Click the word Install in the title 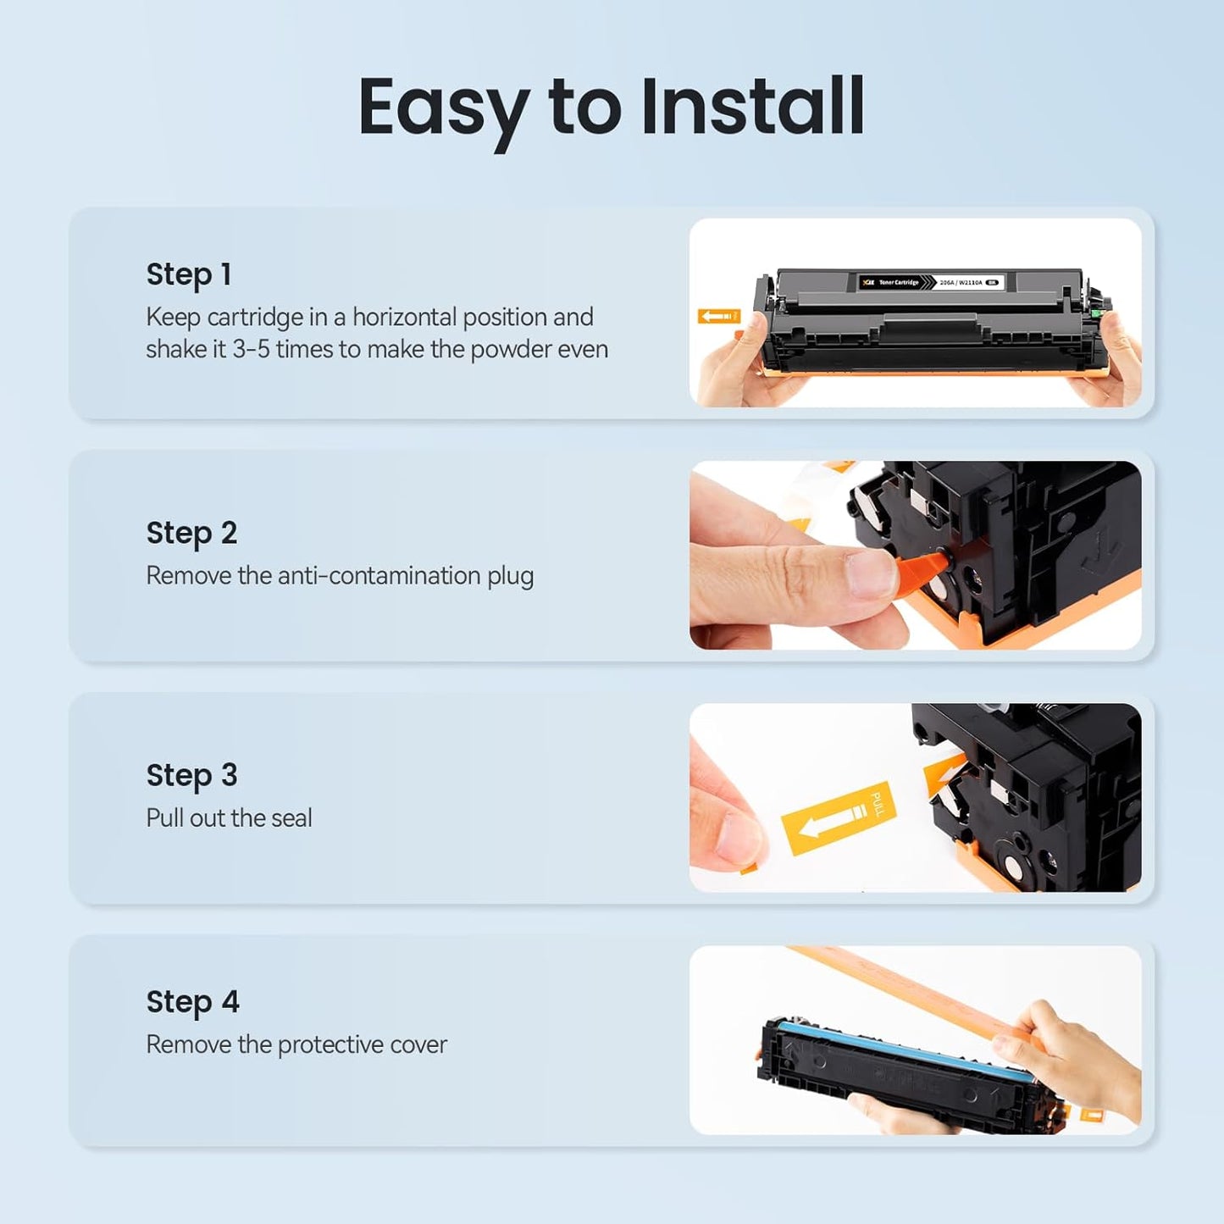(x=753, y=107)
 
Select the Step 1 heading (x=188, y=274)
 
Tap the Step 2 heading (x=191, y=533)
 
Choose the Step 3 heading (x=191, y=775)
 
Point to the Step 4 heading (x=192, y=1002)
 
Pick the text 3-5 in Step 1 (x=251, y=349)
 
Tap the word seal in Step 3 (x=291, y=817)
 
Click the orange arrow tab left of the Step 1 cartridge (x=718, y=316)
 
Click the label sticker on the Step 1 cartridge (x=930, y=282)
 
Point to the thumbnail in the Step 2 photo (x=869, y=574)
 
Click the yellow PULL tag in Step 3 (x=838, y=817)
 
